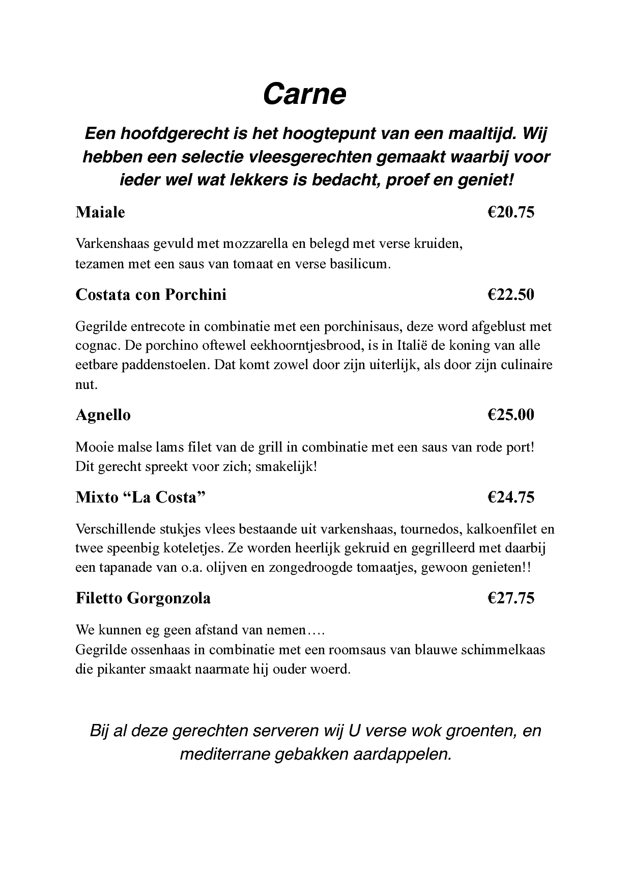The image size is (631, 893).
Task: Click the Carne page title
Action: point(304,94)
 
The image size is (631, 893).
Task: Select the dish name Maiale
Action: point(100,212)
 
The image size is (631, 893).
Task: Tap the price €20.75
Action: point(511,212)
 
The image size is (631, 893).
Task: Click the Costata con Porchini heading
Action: point(151,295)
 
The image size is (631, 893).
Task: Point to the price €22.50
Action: point(511,295)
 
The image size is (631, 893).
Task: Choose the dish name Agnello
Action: point(103,415)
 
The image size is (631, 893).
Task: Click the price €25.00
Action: point(511,415)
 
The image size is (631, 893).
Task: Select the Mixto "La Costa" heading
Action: point(140,497)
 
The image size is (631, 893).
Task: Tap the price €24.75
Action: point(511,497)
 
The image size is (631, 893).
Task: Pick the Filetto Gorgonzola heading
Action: point(143,598)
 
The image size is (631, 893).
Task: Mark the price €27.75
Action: point(511,598)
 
